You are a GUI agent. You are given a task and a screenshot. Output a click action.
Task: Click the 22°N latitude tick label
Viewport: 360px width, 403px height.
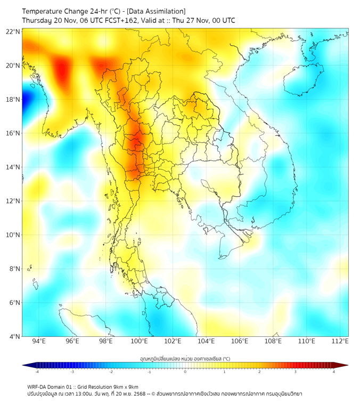(13, 31)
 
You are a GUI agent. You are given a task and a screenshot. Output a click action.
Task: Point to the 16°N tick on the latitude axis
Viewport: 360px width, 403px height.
(13, 133)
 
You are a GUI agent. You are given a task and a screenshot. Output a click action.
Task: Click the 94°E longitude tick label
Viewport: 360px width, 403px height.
(39, 341)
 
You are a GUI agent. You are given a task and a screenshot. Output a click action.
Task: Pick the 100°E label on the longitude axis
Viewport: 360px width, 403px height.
(140, 341)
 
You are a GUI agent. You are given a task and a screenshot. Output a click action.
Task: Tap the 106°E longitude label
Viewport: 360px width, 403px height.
(240, 341)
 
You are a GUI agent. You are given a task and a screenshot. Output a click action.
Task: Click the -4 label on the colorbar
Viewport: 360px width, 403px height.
(37, 372)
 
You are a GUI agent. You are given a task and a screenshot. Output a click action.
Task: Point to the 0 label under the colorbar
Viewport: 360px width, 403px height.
(185, 372)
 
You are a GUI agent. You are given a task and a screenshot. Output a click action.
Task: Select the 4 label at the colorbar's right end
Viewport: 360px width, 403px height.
(334, 372)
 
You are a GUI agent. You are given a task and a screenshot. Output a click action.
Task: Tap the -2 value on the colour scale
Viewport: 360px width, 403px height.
(111, 372)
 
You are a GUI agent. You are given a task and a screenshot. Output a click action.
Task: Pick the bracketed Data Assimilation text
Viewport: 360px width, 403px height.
(157, 11)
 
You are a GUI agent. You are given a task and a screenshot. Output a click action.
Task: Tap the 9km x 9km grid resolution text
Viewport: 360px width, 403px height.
(122, 386)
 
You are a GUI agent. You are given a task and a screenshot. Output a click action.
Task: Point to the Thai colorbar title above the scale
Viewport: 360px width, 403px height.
(185, 359)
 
